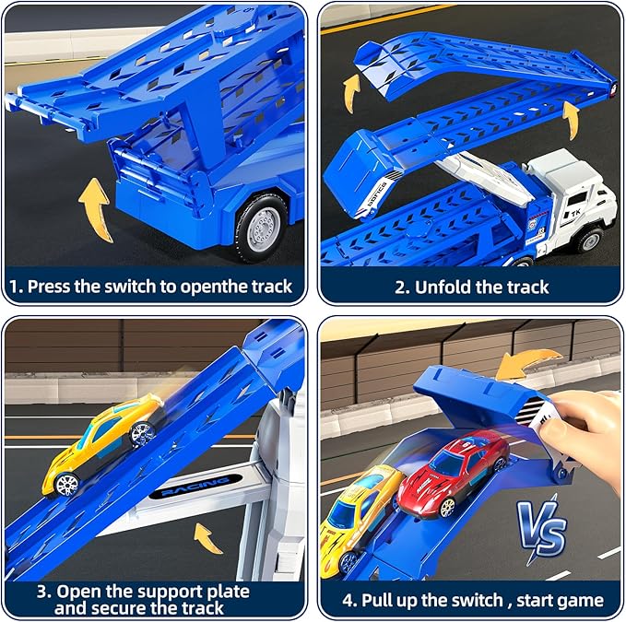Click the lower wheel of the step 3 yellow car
[x=65, y=482]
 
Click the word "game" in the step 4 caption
[x=573, y=600]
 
